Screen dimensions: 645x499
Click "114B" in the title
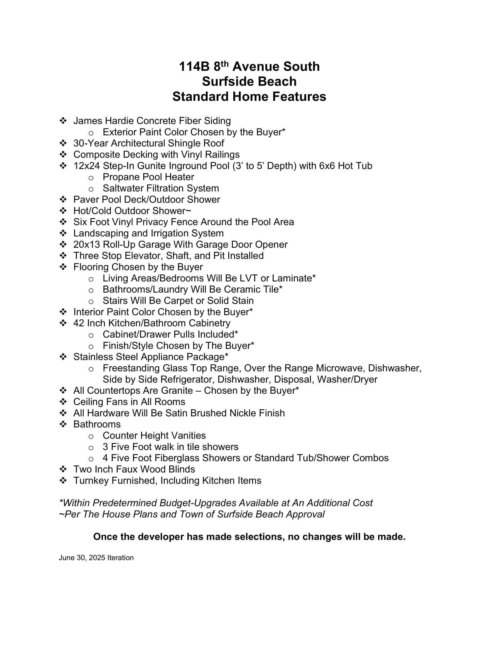[194, 67]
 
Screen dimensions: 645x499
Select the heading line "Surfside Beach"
[249, 82]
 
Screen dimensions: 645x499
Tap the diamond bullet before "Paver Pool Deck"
[63, 200]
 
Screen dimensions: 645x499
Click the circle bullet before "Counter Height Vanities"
[91, 436]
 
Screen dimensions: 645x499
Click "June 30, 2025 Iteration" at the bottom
[96, 558]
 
